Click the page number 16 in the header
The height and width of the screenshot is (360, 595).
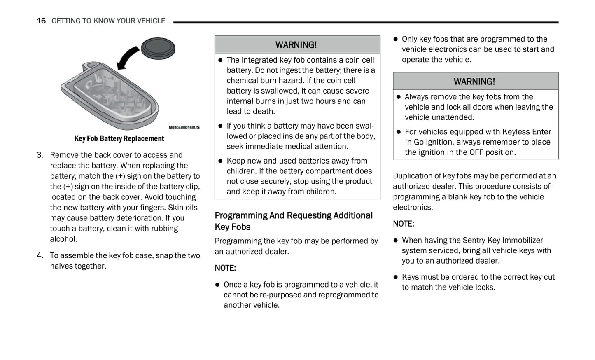coord(41,21)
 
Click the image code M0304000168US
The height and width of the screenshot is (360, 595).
coord(184,128)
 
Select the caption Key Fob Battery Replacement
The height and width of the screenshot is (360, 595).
coord(119,138)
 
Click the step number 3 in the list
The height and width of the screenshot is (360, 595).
coord(40,155)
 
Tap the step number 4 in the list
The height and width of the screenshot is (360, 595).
coord(40,255)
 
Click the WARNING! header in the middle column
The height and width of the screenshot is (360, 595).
coord(296,44)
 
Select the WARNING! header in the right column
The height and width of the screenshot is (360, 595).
coord(474,82)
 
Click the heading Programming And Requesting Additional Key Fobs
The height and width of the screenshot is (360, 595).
coord(293,221)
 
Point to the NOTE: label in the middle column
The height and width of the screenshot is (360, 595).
coord(225,268)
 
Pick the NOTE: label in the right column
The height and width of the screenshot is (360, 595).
coord(404,224)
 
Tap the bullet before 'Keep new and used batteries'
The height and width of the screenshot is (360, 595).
coord(220,161)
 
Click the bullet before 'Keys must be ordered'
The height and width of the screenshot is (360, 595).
coord(395,277)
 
